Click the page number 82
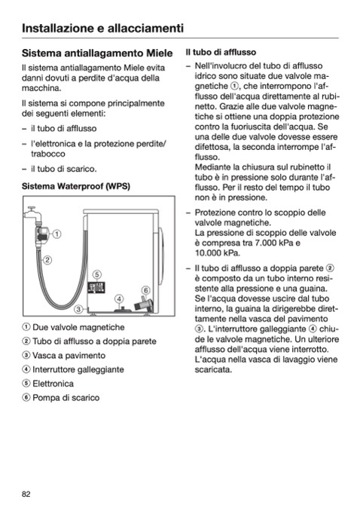tap(26, 494)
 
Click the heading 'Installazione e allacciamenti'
tap(102, 28)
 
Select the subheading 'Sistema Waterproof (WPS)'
tap(76, 186)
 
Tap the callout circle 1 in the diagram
tap(56, 234)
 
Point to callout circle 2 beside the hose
tap(47, 260)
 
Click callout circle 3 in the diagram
tap(78, 309)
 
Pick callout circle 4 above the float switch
tap(119, 299)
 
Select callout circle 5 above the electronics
tap(96, 274)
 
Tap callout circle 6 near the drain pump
tap(145, 290)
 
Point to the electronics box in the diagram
tap(96, 288)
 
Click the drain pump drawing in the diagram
tap(144, 304)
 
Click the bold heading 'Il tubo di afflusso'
tap(221, 52)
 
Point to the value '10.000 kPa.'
tap(218, 253)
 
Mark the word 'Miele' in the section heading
tap(160, 53)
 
